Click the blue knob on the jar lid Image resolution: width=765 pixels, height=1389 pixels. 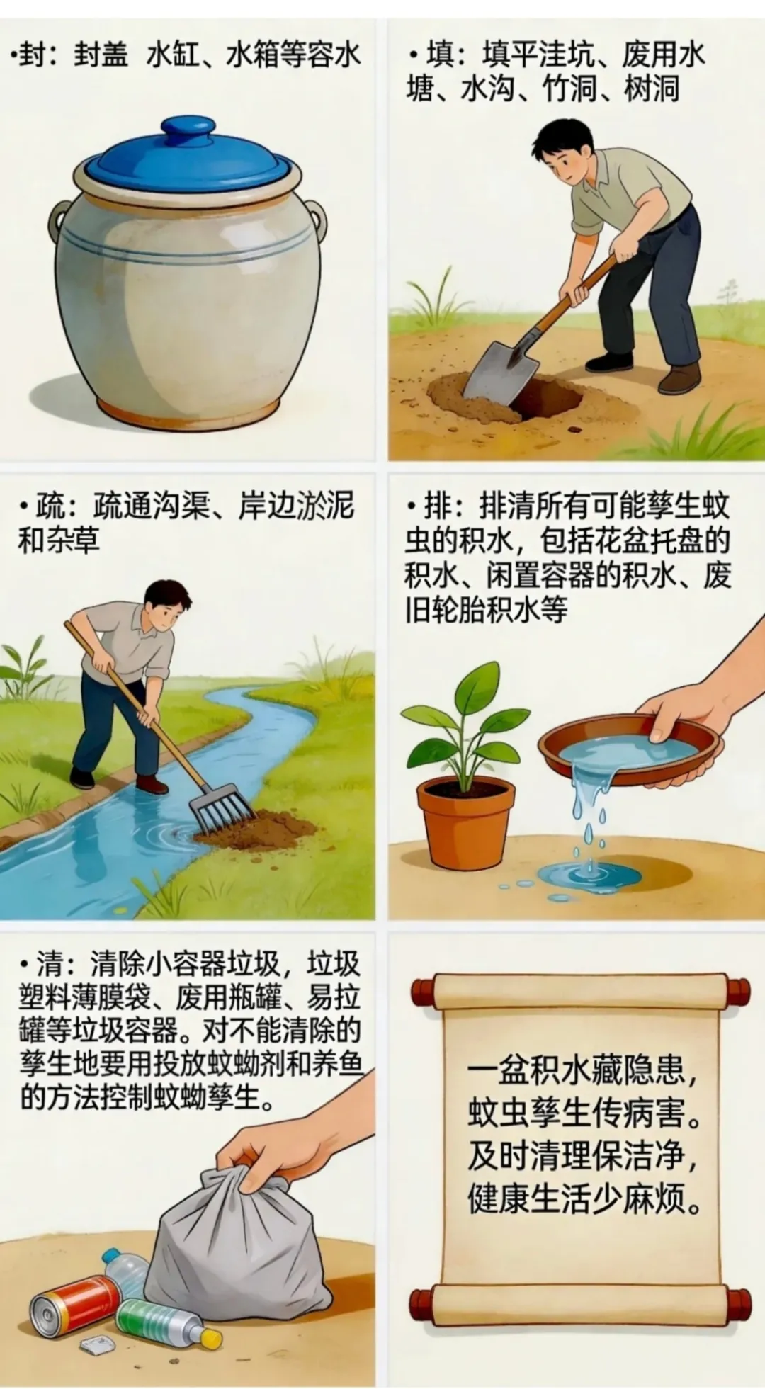click(x=188, y=132)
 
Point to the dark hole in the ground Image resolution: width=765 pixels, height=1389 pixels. click(x=545, y=397)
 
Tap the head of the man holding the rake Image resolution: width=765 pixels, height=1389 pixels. click(x=167, y=607)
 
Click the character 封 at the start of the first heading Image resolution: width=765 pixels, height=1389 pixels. click(x=33, y=55)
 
